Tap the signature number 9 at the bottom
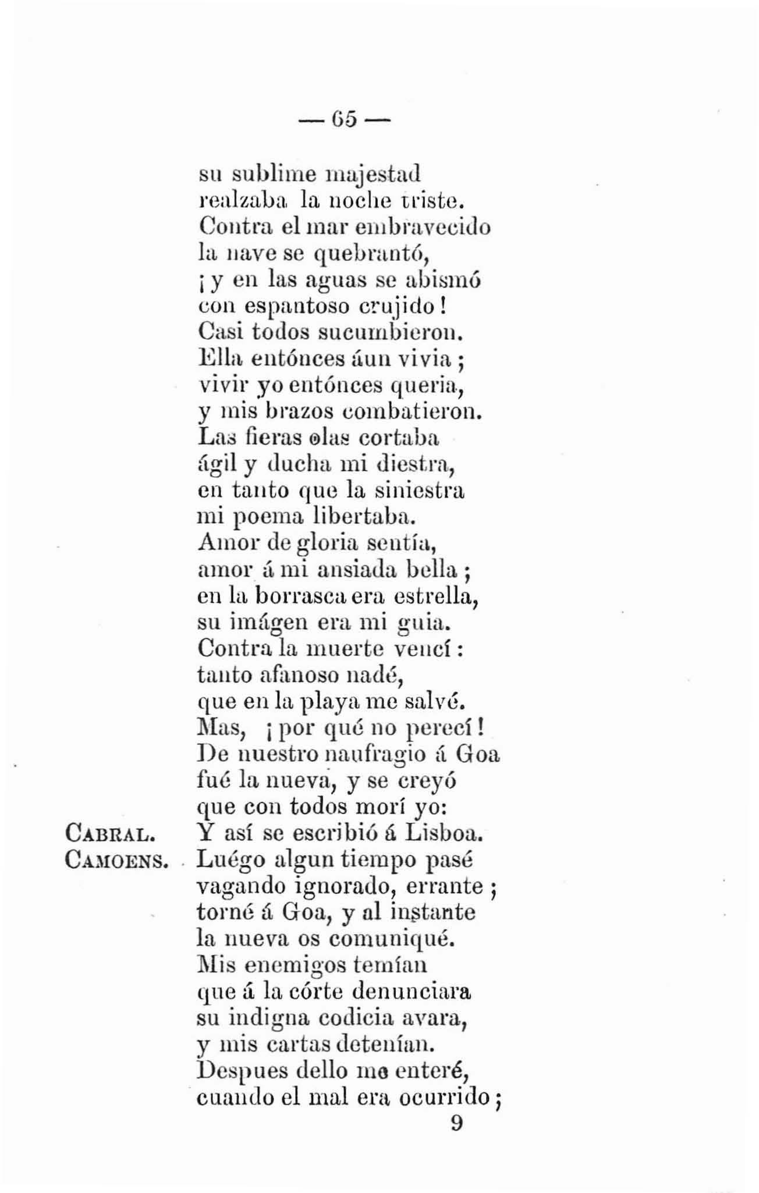pyautogui.click(x=456, y=1123)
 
